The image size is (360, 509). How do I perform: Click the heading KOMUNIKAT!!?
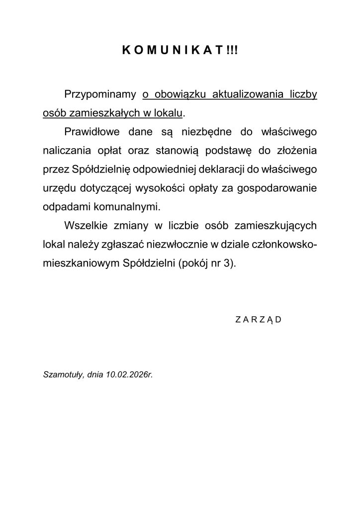[180, 50]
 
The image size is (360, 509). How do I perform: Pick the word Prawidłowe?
[92, 132]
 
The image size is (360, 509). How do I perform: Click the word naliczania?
[64, 151]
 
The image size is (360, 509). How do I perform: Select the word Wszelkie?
[84, 226]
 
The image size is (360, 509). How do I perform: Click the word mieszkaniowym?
[79, 264]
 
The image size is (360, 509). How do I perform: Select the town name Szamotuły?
[64, 374]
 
